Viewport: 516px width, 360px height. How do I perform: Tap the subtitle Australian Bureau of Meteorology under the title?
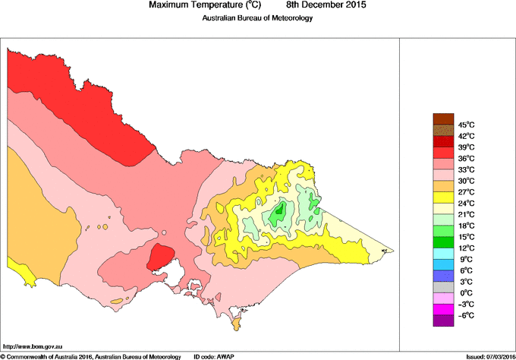[x=257, y=18]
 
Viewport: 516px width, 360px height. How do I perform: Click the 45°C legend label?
[x=465, y=125]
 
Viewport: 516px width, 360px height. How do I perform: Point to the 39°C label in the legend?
[x=465, y=147]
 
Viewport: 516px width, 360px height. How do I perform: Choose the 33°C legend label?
[x=465, y=169]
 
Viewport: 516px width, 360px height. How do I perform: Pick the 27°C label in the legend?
[x=465, y=192]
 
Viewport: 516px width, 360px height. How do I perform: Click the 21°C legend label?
[x=465, y=214]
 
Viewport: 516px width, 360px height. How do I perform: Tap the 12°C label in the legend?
[x=465, y=248]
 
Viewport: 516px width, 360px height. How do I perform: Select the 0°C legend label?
[x=464, y=292]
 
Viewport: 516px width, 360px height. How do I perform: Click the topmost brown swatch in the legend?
[x=442, y=118]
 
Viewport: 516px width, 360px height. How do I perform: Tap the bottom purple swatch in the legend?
[x=442, y=321]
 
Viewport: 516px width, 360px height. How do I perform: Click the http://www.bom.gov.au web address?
[x=33, y=345]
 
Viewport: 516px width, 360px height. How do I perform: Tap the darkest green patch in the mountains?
[x=279, y=212]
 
